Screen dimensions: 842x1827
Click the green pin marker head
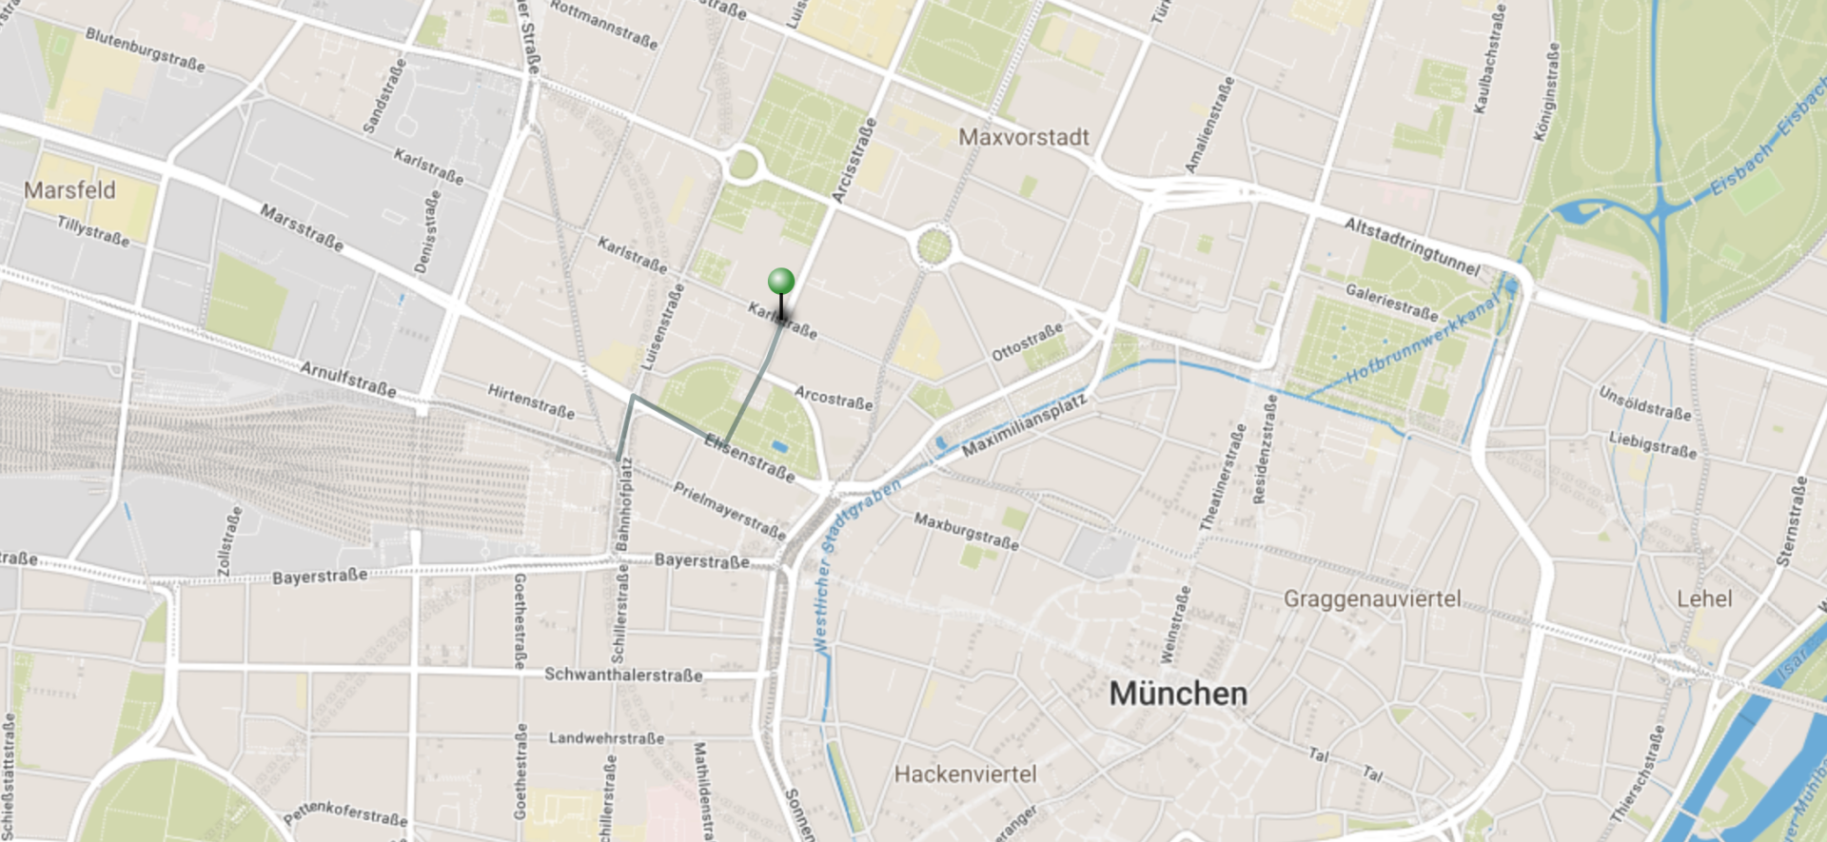(781, 281)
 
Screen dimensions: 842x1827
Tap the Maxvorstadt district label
(1023, 138)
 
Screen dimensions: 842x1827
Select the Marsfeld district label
(69, 190)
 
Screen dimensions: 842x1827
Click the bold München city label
(1178, 694)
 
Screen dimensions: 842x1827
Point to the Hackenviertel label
(965, 774)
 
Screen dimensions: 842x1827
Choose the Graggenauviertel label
(1372, 599)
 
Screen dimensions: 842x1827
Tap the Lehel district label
(1703, 599)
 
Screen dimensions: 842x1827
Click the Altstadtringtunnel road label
(1411, 245)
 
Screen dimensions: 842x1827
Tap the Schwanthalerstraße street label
(623, 675)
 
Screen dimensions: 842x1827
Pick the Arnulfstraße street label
(348, 379)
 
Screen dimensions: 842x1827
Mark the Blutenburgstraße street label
(145, 49)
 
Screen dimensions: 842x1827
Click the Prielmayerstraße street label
(729, 510)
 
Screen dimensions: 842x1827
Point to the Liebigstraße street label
(1652, 444)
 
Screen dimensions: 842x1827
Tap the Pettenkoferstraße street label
(345, 814)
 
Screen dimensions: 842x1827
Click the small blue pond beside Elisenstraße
(779, 446)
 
